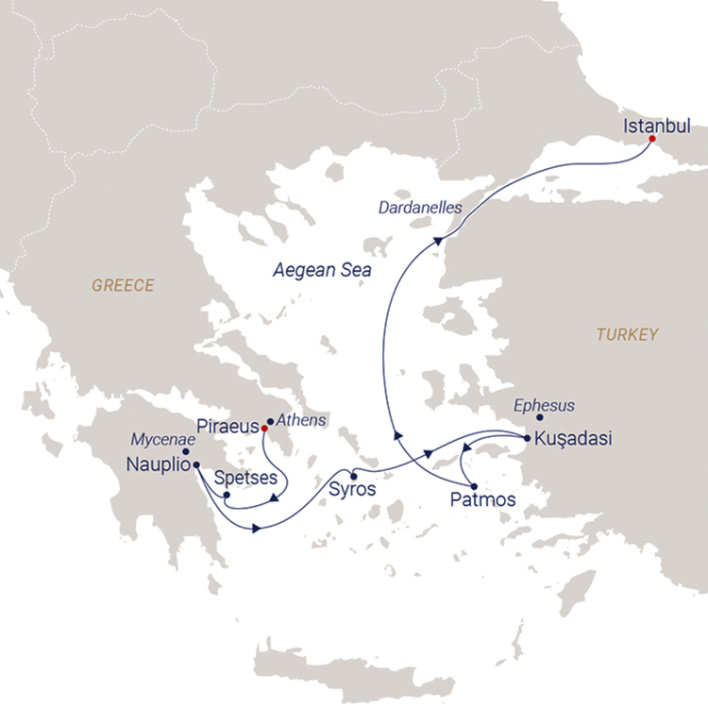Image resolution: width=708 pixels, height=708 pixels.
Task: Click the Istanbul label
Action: coord(656,126)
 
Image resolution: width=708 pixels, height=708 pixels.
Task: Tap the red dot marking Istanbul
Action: coord(652,141)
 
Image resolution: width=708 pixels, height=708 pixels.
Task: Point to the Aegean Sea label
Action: coord(322,270)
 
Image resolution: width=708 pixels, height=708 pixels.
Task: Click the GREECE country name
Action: coord(123,285)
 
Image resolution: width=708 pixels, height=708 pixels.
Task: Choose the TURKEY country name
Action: coord(627,334)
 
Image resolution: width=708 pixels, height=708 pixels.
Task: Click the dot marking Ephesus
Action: coord(540,417)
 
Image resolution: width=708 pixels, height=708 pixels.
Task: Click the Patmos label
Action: coord(482,500)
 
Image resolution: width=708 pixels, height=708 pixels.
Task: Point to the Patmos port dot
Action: coord(473,485)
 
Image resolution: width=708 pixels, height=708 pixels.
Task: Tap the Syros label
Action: coord(352,490)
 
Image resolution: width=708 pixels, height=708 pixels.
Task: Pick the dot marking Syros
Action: coord(353,474)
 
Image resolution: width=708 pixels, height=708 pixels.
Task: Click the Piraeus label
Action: coord(227,425)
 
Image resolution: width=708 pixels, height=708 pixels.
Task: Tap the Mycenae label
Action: coord(160,439)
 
